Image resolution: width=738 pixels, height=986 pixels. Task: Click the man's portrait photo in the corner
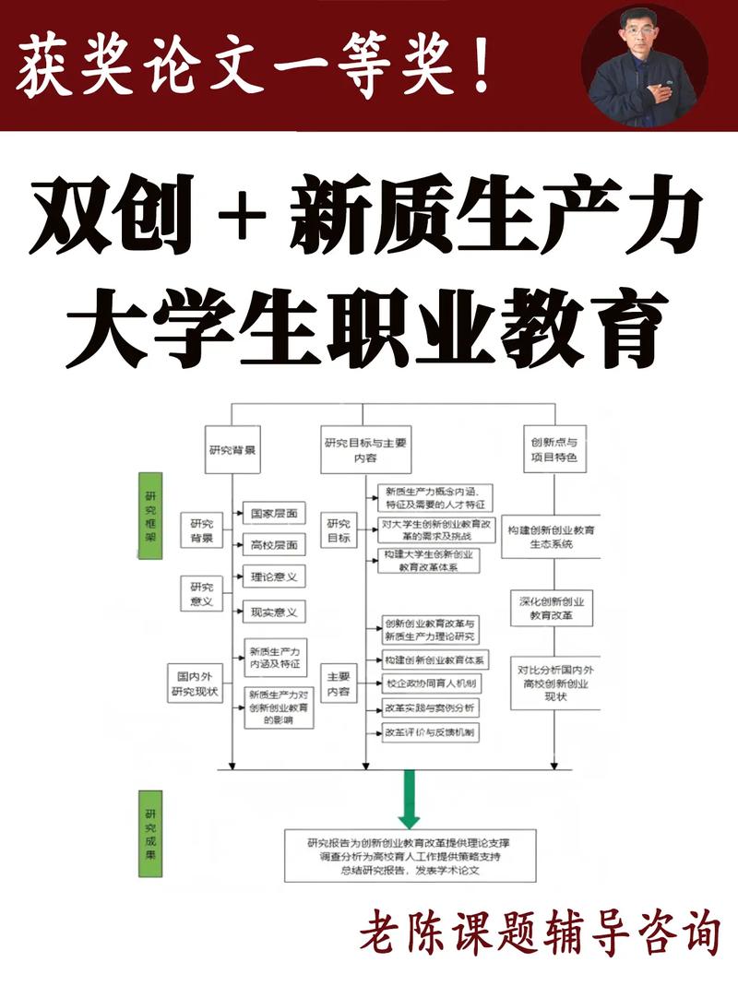click(645, 65)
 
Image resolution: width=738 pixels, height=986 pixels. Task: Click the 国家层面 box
click(274, 512)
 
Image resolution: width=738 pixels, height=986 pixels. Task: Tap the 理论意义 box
click(274, 577)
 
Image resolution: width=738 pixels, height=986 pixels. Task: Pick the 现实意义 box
click(274, 612)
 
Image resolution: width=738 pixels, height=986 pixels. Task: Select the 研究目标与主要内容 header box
click(366, 449)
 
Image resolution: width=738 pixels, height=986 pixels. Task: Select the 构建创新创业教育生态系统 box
click(551, 537)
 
